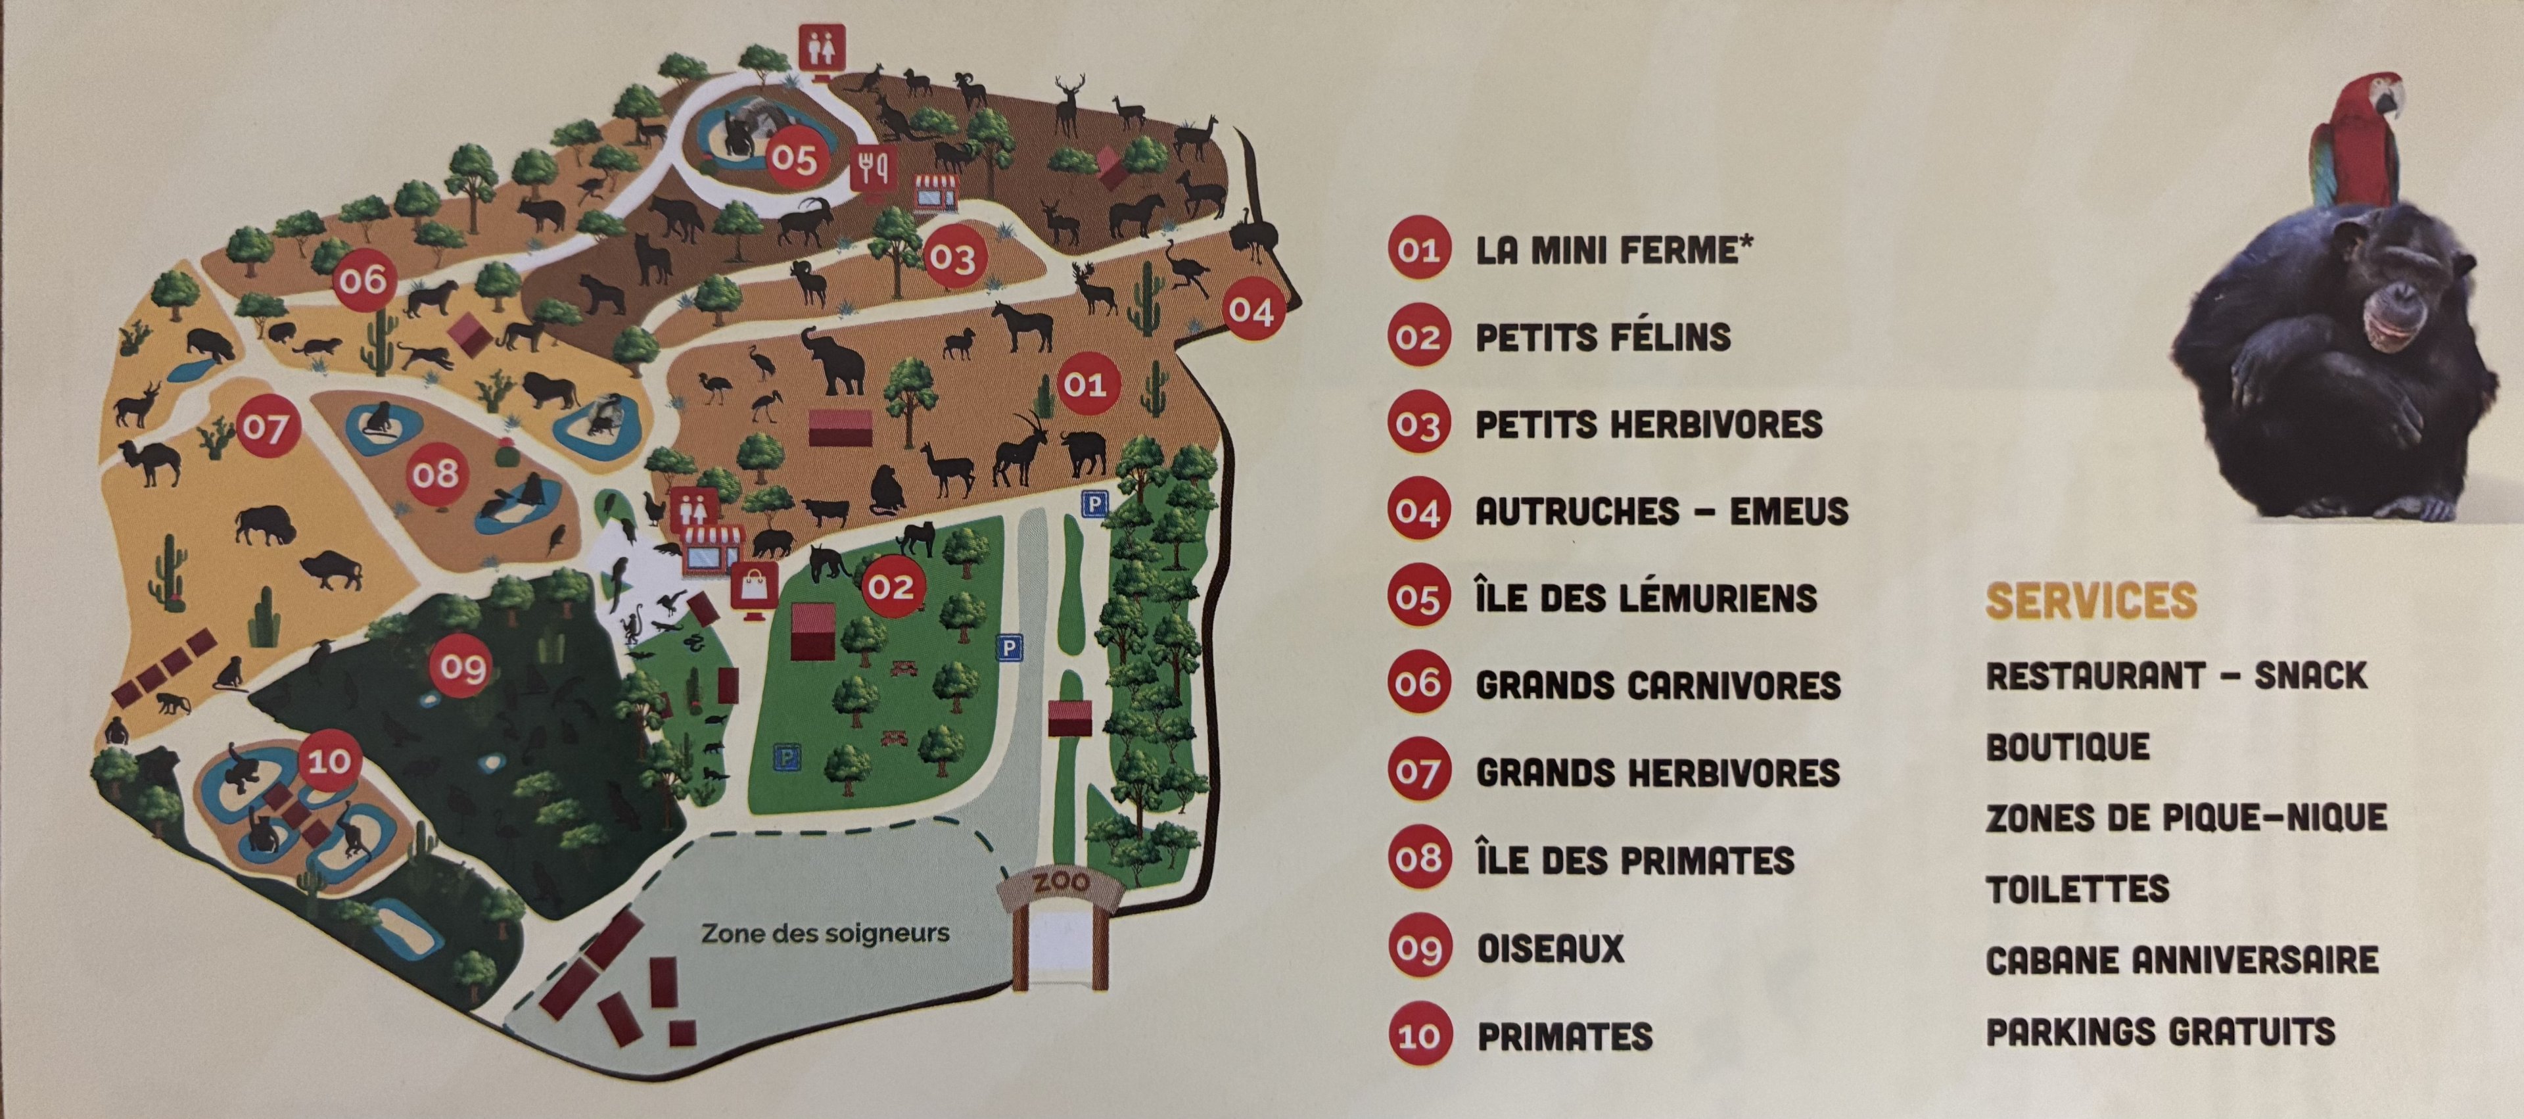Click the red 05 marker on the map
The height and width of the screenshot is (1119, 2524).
[793, 158]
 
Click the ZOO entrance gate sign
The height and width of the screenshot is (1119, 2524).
[1061, 884]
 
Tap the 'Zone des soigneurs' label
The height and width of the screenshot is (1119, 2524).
[825, 933]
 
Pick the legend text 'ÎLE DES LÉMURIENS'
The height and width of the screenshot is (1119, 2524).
[1646, 598]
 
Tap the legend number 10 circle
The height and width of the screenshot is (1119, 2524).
[1418, 1036]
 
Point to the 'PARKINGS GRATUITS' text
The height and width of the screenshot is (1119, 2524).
[2161, 1032]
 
